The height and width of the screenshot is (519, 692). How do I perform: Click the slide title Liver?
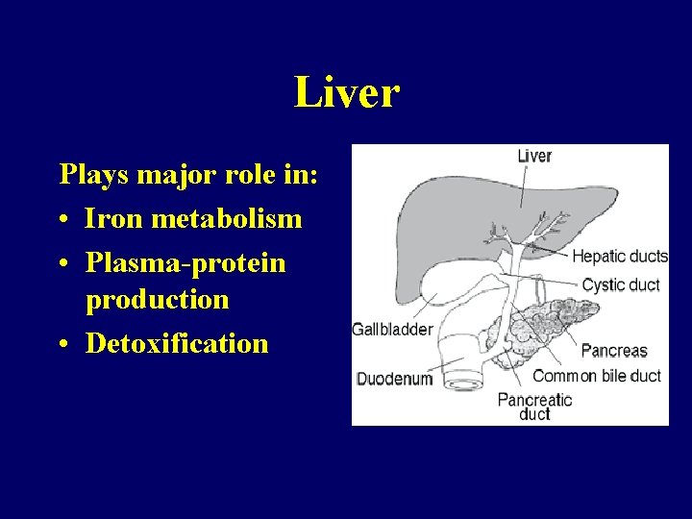(x=346, y=93)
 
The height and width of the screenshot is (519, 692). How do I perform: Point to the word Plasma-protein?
(x=185, y=262)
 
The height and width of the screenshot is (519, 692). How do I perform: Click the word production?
(x=158, y=300)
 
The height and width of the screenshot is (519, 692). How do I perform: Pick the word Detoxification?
(x=177, y=343)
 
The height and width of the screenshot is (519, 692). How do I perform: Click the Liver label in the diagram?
(x=534, y=156)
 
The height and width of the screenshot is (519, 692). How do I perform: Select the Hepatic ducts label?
(x=619, y=256)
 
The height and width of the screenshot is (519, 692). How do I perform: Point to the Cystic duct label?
(x=620, y=284)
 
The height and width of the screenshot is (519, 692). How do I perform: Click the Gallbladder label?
(x=392, y=329)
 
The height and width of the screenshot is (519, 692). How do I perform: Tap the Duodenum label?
(x=393, y=379)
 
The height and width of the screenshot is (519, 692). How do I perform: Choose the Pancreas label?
(x=613, y=351)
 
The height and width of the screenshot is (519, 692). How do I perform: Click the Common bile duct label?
(x=597, y=376)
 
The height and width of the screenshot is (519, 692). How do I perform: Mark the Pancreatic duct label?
(x=533, y=407)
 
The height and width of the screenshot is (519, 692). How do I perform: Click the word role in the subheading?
(x=247, y=176)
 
